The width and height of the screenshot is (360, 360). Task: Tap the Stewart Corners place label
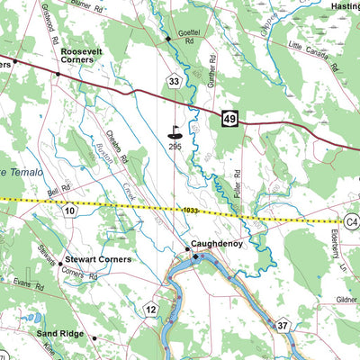99,259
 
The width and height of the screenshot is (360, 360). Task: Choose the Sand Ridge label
60,333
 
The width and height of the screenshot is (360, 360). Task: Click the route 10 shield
69,211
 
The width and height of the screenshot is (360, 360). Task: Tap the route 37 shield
283,325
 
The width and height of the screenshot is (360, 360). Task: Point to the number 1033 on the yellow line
190,211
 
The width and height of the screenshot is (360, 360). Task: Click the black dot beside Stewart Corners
60,265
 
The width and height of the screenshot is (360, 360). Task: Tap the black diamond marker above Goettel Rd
167,40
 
